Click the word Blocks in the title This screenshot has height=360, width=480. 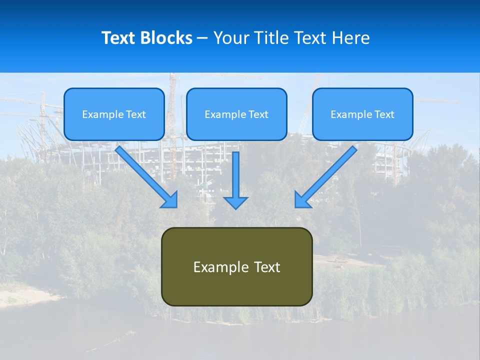[167, 38]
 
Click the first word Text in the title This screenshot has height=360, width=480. [119, 38]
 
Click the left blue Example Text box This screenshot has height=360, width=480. [114, 114]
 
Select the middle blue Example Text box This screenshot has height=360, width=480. [236, 114]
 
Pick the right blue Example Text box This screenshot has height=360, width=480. [362, 114]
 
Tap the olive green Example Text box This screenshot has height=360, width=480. [236, 266]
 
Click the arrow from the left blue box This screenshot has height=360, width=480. [145, 175]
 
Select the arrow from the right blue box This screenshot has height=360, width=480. [327, 175]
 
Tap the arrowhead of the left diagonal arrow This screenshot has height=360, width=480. [170, 200]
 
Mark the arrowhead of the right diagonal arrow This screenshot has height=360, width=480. [302, 200]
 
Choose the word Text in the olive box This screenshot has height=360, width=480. [267, 267]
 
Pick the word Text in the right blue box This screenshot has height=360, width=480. [384, 114]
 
